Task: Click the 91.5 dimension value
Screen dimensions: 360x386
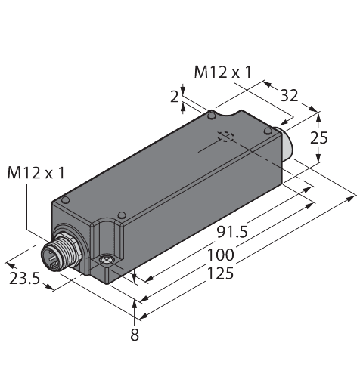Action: pos(232,232)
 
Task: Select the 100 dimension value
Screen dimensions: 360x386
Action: pos(221,255)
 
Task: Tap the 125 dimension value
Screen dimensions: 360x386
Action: pos(220,273)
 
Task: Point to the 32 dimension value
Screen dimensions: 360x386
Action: pos(289,96)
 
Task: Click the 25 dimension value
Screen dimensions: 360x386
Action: pos(319,137)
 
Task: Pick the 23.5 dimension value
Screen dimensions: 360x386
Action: pos(25,279)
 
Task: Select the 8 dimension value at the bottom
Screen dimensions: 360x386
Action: pos(135,335)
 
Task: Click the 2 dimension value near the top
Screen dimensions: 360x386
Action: pos(175,97)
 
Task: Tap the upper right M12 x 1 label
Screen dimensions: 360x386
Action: pos(223,73)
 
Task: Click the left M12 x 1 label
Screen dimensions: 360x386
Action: pos(36,173)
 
